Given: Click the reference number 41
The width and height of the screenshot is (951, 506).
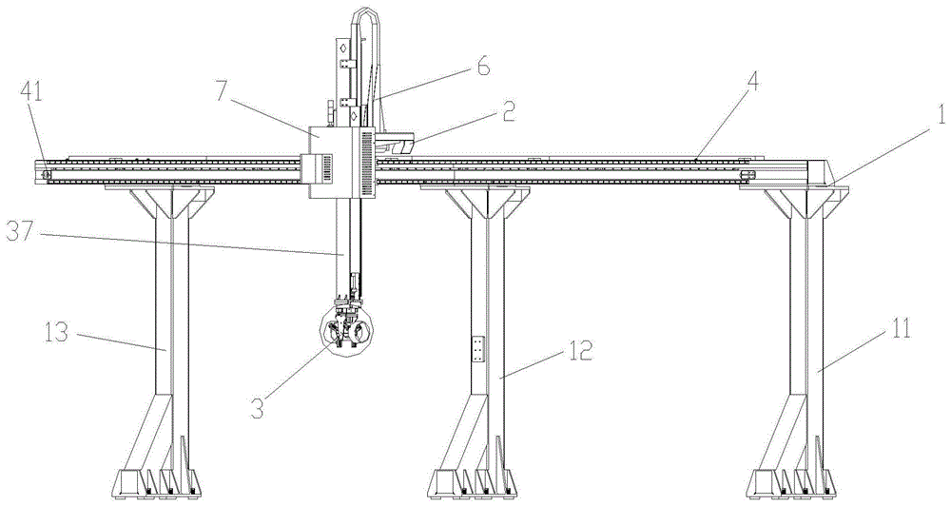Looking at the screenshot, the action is (32, 94).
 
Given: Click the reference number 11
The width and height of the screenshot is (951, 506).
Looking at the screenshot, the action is (900, 330).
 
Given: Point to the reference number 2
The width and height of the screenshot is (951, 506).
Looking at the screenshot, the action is (508, 111).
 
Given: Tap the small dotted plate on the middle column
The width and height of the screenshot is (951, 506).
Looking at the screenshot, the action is (478, 350).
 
